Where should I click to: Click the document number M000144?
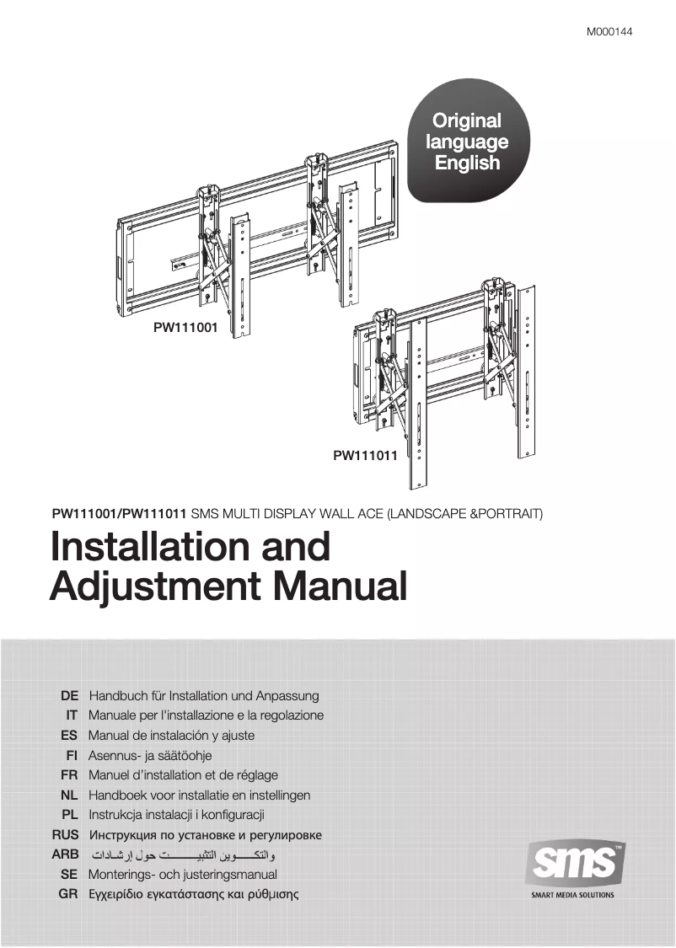(x=609, y=33)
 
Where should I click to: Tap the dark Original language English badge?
(x=467, y=142)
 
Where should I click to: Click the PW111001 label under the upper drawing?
(x=185, y=329)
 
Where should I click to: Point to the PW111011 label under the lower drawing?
(x=365, y=456)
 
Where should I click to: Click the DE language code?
(x=70, y=696)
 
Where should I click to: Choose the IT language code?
(x=72, y=715)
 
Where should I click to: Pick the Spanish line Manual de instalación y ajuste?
(x=171, y=735)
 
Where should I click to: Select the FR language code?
(x=70, y=774)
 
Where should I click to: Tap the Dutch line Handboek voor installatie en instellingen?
(x=199, y=795)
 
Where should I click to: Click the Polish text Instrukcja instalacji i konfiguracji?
(x=176, y=815)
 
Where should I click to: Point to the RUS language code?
(x=66, y=835)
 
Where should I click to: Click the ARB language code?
(x=66, y=854)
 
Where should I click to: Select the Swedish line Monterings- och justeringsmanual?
(x=182, y=875)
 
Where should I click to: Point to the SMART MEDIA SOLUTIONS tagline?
(x=573, y=896)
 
